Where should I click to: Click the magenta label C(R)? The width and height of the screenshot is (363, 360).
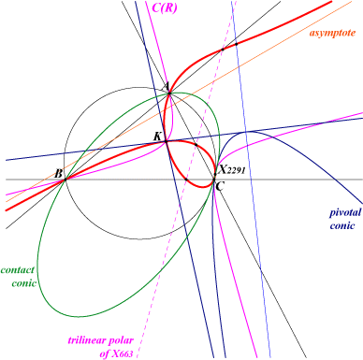coord(165,7)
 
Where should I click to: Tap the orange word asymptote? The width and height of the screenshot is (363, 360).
coord(332,33)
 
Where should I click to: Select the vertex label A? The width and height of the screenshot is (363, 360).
coord(167,86)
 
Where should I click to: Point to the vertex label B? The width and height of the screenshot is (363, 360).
coord(58,173)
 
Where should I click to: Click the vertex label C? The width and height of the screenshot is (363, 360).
coord(220,187)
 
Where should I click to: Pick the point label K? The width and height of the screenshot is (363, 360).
coord(157,136)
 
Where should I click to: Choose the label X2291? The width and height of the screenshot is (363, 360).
coord(232,170)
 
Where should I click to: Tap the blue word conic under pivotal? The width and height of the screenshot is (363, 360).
coord(342,225)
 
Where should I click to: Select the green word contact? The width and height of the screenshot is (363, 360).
coord(18,270)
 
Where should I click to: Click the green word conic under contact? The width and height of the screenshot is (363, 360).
coord(24,283)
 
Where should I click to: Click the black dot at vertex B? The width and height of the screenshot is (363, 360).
coord(65,180)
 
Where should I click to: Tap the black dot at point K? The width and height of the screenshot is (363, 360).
coord(166,141)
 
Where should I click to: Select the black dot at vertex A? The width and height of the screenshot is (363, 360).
coord(169,93)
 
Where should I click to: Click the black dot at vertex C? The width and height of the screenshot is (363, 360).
coord(214,180)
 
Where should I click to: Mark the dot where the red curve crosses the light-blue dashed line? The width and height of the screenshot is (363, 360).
coord(237,44)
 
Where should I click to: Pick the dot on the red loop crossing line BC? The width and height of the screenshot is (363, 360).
coord(186,180)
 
